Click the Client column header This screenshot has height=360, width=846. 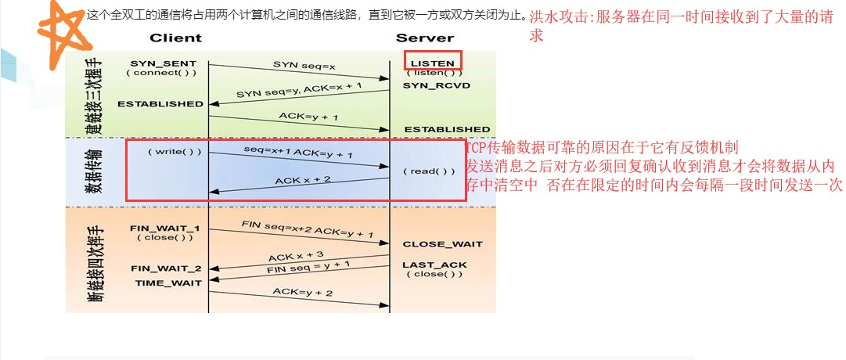point(175,38)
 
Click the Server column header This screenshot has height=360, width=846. point(425,38)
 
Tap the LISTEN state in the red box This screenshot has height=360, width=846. point(432,62)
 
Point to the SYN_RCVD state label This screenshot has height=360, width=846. point(437,85)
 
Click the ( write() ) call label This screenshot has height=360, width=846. point(174,152)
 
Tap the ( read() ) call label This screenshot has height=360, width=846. point(429,171)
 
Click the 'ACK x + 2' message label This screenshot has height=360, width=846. point(303,182)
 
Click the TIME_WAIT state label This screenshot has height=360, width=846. point(168,283)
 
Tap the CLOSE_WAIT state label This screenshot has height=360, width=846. point(443,244)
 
